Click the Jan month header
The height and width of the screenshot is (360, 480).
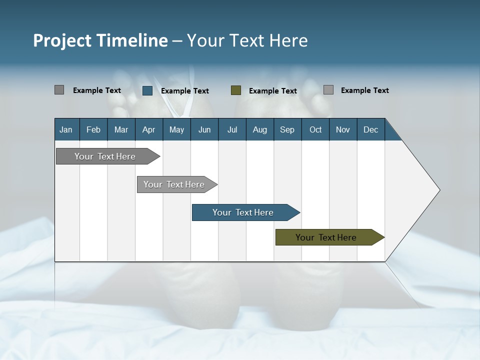pos(66,129)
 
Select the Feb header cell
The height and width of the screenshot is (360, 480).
pos(93,129)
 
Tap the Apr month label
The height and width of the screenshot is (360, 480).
pos(148,129)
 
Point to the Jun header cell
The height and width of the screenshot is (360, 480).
pos(204,129)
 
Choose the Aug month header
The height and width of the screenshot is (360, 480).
pos(259,129)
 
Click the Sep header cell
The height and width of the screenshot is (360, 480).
pos(287,129)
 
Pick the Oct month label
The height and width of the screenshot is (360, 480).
pos(315,129)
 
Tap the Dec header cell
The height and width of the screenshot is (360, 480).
pos(370,129)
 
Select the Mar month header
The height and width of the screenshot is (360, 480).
pos(121,129)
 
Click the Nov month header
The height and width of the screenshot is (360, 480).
pos(342,129)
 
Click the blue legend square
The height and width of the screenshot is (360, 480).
pos(147,90)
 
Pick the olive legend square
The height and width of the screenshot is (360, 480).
pos(236,90)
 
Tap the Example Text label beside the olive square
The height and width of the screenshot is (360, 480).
pos(273,91)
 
